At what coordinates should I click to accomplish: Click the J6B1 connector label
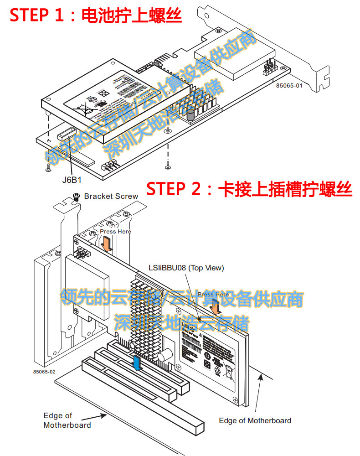(x=72, y=179)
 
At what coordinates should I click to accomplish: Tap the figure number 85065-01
(x=288, y=85)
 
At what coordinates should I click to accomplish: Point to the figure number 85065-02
(x=44, y=372)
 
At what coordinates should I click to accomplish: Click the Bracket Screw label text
(x=111, y=196)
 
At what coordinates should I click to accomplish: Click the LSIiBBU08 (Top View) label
(x=186, y=268)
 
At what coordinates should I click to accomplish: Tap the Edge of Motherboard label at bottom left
(x=67, y=420)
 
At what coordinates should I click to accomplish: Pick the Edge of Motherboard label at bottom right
(x=255, y=420)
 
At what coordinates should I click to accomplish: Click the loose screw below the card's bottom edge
(x=168, y=165)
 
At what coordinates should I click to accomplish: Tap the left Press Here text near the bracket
(x=115, y=232)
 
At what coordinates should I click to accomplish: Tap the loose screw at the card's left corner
(x=48, y=169)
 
